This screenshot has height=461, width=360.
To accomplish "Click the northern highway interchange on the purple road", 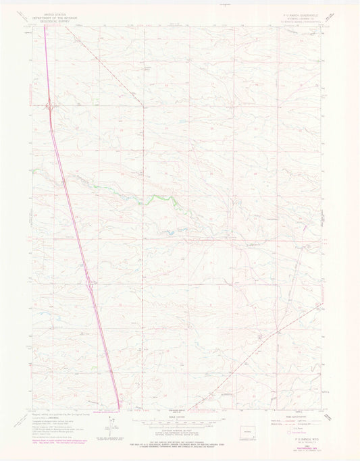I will [50, 105].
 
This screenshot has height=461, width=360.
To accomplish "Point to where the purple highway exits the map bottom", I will [120, 408].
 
